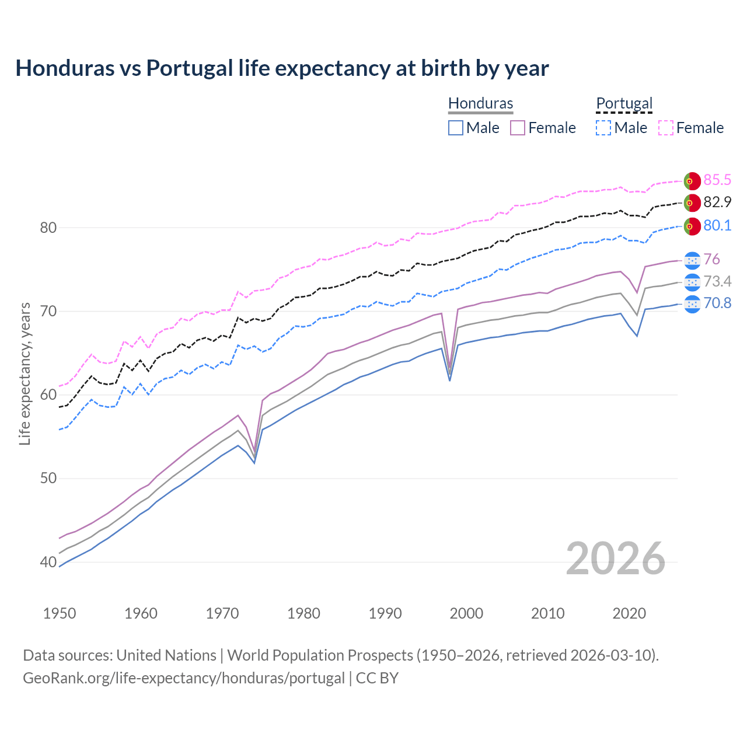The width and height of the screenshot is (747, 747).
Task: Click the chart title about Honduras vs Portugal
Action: click(x=282, y=68)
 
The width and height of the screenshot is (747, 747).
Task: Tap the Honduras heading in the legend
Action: click(x=480, y=103)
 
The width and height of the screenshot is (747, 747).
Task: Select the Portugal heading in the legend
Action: click(x=624, y=103)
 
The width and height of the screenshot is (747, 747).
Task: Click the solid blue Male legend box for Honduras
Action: click(x=456, y=128)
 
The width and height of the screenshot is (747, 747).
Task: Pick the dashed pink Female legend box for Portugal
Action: click(x=666, y=128)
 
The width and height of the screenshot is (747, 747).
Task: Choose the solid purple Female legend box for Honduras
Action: click(x=518, y=128)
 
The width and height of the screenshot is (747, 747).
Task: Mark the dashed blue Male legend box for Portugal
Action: click(x=603, y=128)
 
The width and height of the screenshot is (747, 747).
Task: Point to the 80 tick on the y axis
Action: click(x=48, y=228)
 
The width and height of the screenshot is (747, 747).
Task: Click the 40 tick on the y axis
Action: click(x=48, y=562)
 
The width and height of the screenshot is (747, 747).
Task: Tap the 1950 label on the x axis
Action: click(x=60, y=613)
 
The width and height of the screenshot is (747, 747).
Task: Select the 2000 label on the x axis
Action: click(x=466, y=613)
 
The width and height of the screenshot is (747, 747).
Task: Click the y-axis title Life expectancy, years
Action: click(x=25, y=373)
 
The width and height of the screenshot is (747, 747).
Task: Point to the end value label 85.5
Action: click(x=717, y=180)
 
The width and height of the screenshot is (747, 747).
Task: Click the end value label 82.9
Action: click(x=717, y=202)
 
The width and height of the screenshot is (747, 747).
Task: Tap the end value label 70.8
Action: click(x=717, y=303)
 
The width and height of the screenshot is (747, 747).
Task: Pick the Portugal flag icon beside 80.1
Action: click(x=692, y=226)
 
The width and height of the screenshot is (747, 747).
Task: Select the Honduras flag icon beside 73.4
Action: click(x=692, y=282)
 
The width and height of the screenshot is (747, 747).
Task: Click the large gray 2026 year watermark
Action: click(x=615, y=558)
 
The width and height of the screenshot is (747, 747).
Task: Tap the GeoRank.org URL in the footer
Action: click(x=184, y=678)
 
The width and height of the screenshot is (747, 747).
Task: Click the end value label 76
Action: click(x=711, y=259)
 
